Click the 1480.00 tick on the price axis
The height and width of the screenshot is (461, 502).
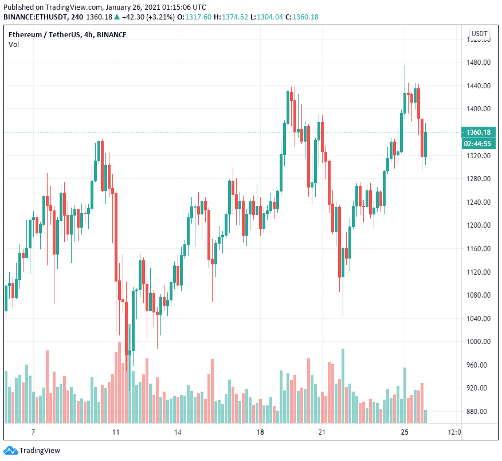(x=479, y=62)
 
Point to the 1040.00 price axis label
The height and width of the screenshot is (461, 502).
(x=479, y=318)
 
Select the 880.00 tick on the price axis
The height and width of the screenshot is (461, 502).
(x=479, y=411)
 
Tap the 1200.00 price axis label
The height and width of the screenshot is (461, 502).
(x=479, y=225)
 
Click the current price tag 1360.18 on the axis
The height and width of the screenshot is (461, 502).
(x=479, y=132)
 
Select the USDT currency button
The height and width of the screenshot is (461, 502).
(x=479, y=34)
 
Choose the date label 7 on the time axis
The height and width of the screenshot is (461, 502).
(x=33, y=432)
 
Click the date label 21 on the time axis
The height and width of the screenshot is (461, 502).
(x=323, y=432)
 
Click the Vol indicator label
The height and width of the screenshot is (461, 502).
(x=13, y=45)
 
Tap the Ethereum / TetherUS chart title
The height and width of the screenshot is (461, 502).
(x=67, y=35)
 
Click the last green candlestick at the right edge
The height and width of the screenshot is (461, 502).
(x=426, y=144)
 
